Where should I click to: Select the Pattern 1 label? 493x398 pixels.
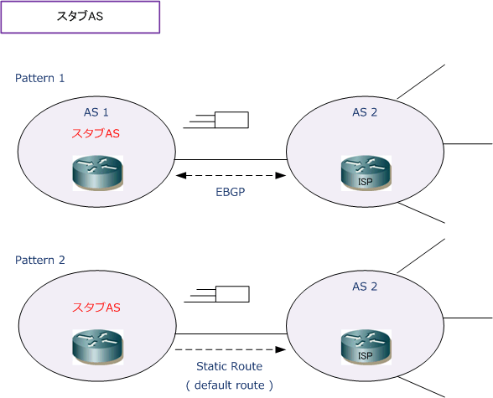[x=40, y=78]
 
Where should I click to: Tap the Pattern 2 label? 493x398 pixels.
[x=40, y=260]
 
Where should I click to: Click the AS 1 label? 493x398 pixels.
[x=96, y=112]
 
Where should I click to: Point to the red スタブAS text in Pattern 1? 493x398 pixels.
[x=96, y=133]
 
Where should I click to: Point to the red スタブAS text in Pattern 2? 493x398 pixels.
[x=96, y=308]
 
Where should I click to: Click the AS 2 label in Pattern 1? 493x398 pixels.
[x=365, y=112]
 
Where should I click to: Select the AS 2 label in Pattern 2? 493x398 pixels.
[x=365, y=287]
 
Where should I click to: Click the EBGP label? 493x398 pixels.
[x=230, y=192]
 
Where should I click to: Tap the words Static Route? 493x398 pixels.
[x=229, y=366]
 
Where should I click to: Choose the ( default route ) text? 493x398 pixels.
[x=229, y=385]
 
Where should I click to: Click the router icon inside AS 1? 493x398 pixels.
[x=98, y=173]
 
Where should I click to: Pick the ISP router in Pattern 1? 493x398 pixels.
[x=366, y=173]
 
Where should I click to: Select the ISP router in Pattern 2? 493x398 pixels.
[x=366, y=347]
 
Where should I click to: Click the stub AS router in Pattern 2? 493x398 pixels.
[x=98, y=347]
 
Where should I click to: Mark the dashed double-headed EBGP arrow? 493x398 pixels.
[x=231, y=175]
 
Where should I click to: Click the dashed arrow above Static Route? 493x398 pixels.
[x=231, y=349]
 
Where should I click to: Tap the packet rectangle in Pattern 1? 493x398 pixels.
[x=231, y=120]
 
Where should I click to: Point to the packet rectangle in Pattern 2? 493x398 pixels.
[x=233, y=294]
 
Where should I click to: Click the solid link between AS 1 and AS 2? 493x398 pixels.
[x=231, y=159]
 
